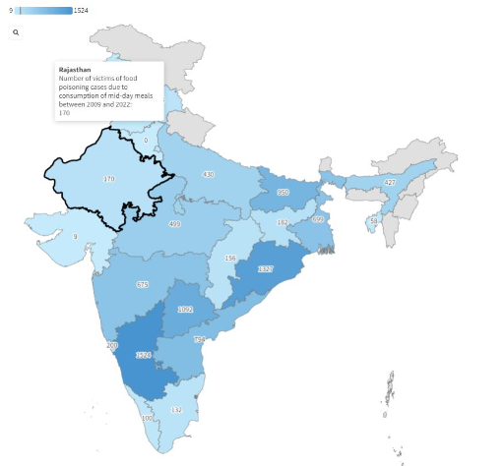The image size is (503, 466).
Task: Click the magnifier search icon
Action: (17, 32)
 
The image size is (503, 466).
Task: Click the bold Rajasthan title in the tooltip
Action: (75, 70)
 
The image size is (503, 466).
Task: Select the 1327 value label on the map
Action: (265, 268)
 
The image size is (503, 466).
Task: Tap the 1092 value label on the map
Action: (185, 309)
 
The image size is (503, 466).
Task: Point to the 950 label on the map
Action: (283, 193)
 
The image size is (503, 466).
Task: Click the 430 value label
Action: (208, 174)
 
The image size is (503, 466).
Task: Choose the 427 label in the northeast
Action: (390, 183)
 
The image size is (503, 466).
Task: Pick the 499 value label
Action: (174, 224)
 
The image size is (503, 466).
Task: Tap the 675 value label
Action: (142, 284)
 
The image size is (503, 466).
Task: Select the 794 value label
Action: (200, 340)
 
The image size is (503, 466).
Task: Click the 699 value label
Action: (318, 219)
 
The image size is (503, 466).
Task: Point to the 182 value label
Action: (283, 223)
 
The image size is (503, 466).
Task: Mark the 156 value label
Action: (231, 258)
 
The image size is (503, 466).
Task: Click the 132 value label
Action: (177, 409)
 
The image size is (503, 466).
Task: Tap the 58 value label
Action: (373, 221)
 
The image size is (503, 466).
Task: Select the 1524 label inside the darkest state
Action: (144, 355)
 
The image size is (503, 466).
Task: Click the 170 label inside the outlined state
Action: (109, 179)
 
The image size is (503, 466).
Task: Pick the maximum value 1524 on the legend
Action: (82, 10)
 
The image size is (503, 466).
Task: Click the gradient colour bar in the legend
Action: (44, 10)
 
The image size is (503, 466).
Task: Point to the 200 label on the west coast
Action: (111, 345)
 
